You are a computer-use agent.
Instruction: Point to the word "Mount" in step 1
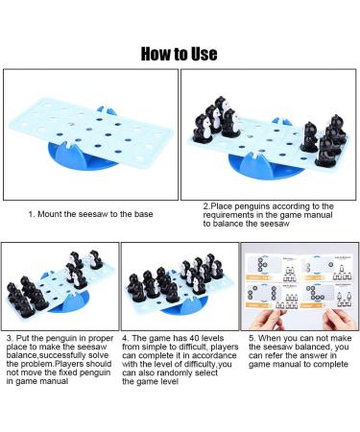click(54, 214)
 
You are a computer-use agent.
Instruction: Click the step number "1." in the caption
click(32, 214)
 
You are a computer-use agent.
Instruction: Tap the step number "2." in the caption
click(206, 206)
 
